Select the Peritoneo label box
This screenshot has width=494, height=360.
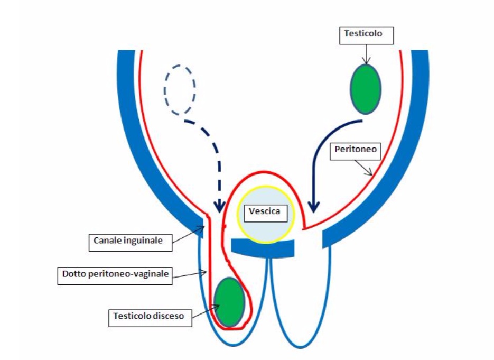click(356, 150)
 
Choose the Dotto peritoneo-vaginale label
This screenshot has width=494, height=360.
click(115, 274)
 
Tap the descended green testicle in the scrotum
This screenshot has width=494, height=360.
click(230, 302)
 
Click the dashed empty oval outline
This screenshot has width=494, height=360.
click(180, 90)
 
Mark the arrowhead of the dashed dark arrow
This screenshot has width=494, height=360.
click(219, 205)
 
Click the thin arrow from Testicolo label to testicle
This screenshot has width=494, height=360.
click(366, 54)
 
